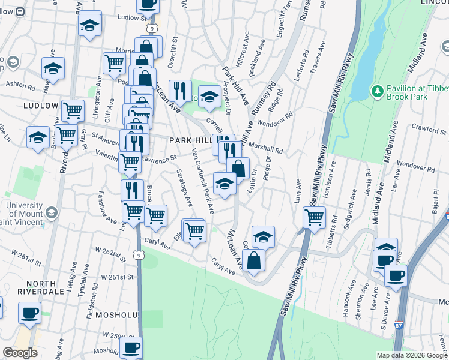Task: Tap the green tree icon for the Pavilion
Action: coord(378,91)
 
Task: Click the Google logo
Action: coord(20,353)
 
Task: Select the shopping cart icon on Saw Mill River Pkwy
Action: coord(314,217)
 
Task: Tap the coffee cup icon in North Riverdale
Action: coord(29,313)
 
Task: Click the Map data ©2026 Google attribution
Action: coord(411,355)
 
